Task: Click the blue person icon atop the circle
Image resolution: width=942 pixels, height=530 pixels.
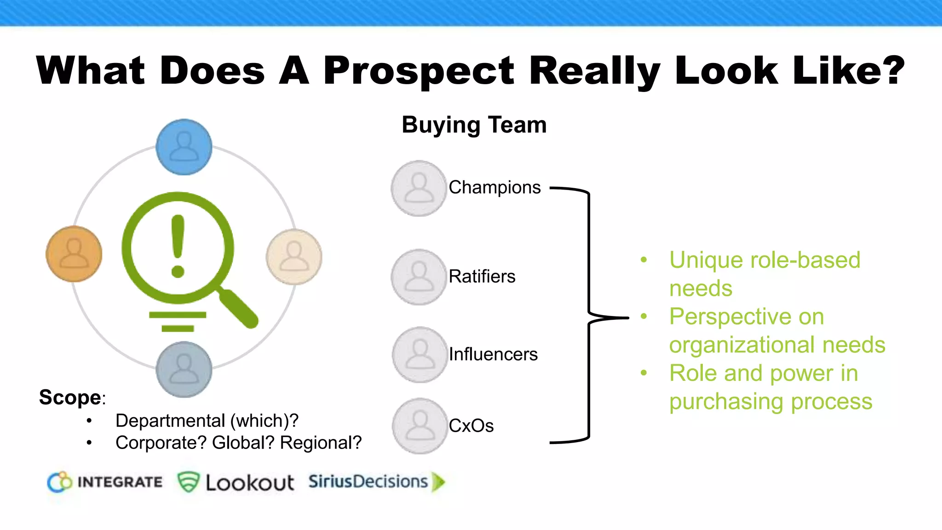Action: pos(184,147)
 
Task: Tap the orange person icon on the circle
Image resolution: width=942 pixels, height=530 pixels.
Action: pos(74,254)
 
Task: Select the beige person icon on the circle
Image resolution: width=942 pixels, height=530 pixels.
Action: pos(294,257)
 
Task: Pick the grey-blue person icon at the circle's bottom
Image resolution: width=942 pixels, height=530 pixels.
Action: pos(184,369)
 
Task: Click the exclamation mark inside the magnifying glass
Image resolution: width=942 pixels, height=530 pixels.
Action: pos(178,246)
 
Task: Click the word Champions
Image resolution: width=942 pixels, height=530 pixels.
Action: pos(494,188)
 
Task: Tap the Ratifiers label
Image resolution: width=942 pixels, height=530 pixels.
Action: pos(482,277)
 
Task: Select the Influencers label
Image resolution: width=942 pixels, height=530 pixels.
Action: pos(493,354)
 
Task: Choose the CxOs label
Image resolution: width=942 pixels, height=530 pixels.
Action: pos(471,426)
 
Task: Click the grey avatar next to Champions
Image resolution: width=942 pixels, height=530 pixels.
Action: pos(419,188)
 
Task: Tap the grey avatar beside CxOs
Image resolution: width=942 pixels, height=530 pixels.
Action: pos(419,426)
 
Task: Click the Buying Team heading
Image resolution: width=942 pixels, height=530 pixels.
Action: pos(474,125)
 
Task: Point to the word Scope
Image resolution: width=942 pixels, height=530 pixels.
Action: pos(70,397)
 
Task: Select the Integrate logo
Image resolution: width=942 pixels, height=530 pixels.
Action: pos(105,482)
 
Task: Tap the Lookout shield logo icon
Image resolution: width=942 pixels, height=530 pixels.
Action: pos(188,482)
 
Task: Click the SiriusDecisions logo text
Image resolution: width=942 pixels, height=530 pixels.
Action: pos(368,482)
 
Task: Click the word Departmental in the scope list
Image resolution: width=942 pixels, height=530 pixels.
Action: pos(170,421)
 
